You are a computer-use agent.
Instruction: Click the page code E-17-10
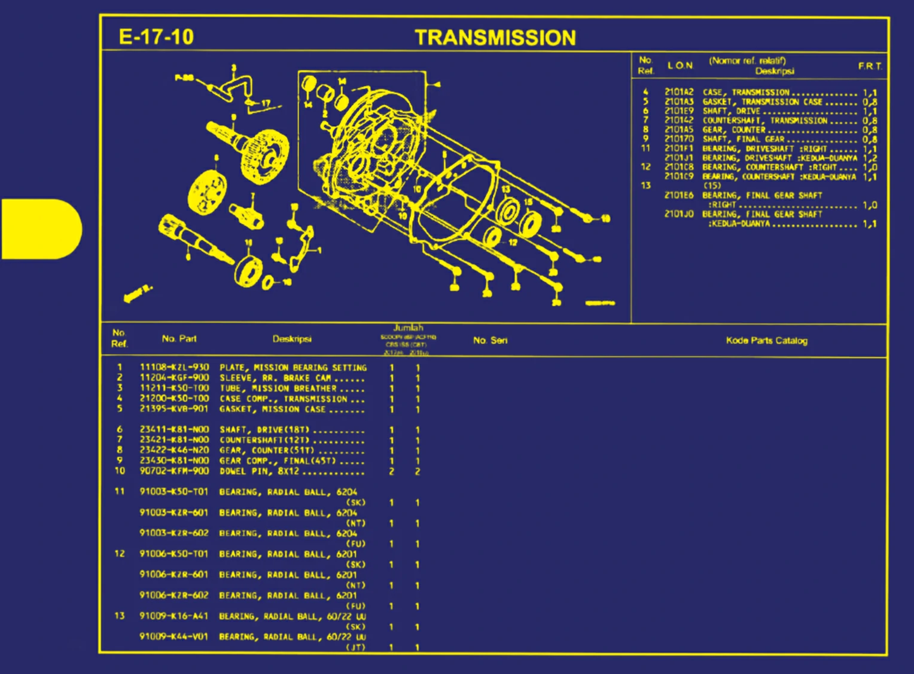click(x=156, y=37)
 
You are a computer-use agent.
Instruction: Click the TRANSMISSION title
click(x=495, y=38)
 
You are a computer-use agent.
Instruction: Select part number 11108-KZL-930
click(x=174, y=367)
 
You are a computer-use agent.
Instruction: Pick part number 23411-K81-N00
click(x=174, y=429)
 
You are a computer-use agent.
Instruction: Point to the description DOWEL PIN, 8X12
click(x=259, y=471)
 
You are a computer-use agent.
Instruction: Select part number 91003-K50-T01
click(x=174, y=492)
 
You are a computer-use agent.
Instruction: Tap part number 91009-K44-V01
click(x=174, y=636)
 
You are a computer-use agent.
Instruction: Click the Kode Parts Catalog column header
click(x=766, y=340)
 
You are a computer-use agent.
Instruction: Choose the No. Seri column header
click(x=490, y=340)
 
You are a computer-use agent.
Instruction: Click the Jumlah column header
click(x=408, y=328)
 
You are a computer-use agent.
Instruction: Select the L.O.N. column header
click(x=680, y=65)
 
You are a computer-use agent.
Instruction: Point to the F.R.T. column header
click(x=870, y=66)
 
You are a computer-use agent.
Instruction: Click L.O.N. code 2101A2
click(x=679, y=92)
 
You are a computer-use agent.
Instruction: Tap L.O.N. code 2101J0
click(x=679, y=214)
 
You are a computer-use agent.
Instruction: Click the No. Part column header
click(x=179, y=338)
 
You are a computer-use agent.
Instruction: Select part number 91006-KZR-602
click(x=174, y=595)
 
